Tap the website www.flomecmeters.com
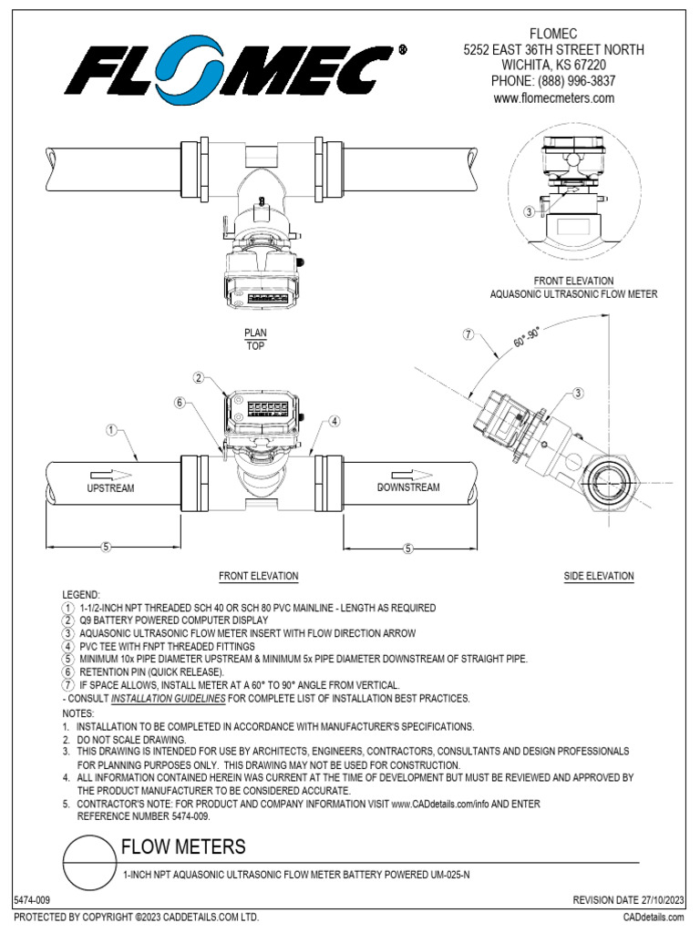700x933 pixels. click(x=554, y=97)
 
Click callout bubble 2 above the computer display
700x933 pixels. click(x=198, y=377)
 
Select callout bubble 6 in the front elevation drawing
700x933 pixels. click(x=180, y=402)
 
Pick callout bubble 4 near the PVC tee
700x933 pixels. click(x=335, y=421)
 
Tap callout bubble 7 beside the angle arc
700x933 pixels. click(x=468, y=334)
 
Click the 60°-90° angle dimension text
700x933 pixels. click(x=527, y=342)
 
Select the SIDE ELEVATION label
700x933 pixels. click(x=599, y=577)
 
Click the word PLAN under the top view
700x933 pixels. click(x=254, y=333)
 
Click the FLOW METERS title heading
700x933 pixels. click(x=183, y=847)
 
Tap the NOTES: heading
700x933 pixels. click(x=77, y=713)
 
